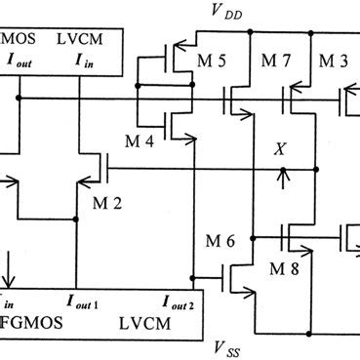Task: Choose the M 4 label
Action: pos(145,141)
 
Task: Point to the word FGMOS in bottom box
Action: pos(32,321)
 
